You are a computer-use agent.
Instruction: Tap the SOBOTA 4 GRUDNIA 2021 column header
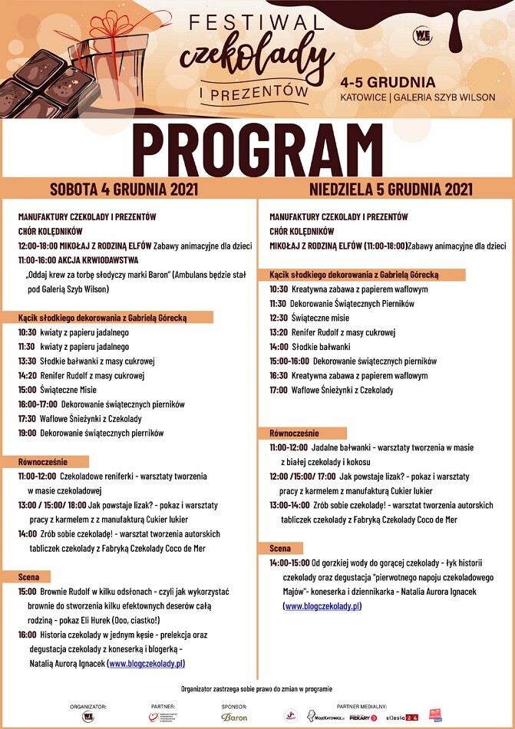[124, 189]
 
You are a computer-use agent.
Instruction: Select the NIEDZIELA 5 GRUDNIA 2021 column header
[391, 189]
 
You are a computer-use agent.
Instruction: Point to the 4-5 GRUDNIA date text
[388, 82]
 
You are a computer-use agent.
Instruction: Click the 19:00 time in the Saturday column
[27, 433]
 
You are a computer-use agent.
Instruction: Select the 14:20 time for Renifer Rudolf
[27, 375]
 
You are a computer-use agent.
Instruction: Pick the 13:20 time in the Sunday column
[279, 332]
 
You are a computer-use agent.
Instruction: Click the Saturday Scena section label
[34, 576]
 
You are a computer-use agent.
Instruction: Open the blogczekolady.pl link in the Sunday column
[322, 606]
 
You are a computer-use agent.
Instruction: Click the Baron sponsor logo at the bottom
[234, 717]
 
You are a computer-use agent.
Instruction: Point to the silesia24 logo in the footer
[401, 717]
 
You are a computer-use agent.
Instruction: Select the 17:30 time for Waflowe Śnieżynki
[27, 418]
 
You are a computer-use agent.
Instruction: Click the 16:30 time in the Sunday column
[279, 375]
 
